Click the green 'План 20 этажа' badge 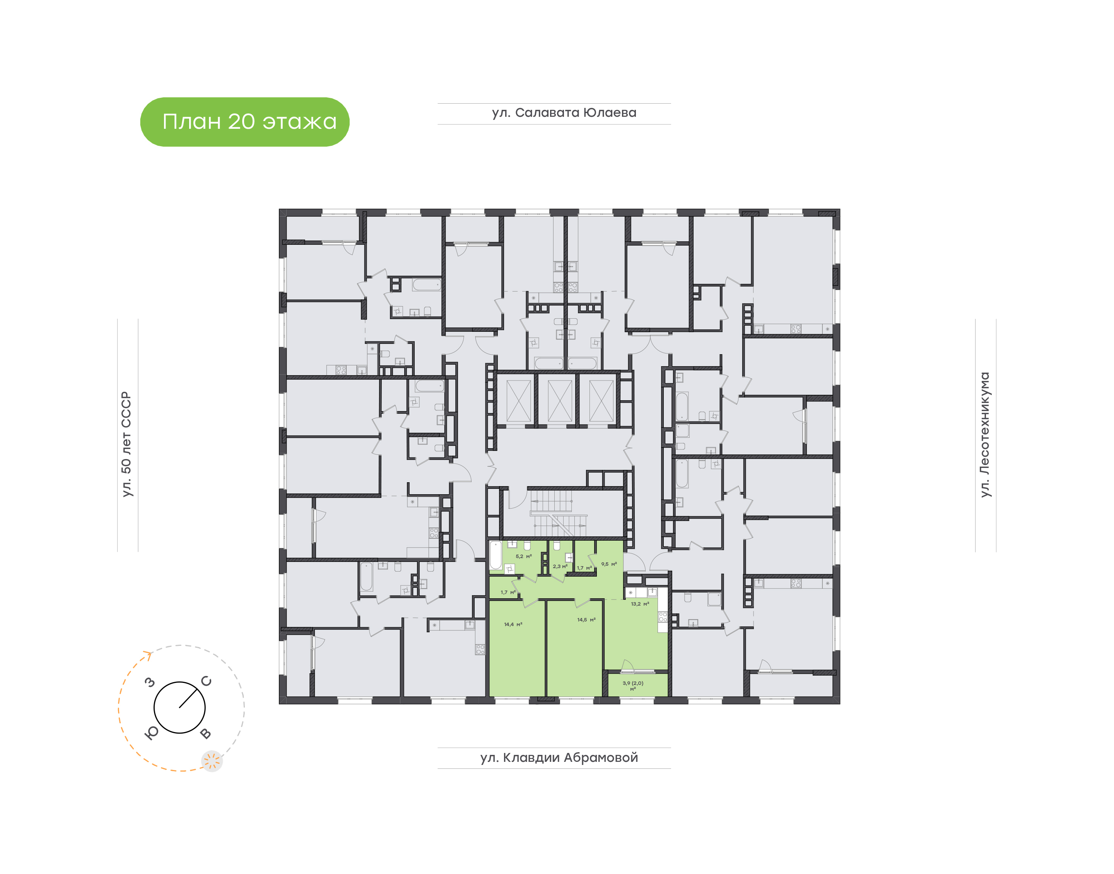click(x=244, y=122)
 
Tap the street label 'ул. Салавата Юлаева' click(x=564, y=113)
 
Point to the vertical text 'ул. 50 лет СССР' click(x=126, y=444)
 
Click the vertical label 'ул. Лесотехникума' click(x=984, y=434)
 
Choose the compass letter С click(x=206, y=681)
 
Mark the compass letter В click(x=205, y=733)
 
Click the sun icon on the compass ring click(x=211, y=761)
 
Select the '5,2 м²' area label click(x=523, y=556)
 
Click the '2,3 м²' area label click(x=560, y=567)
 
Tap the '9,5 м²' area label click(x=609, y=564)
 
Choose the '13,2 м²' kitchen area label click(x=640, y=604)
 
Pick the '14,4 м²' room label click(x=513, y=624)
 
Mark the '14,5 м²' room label click(x=586, y=620)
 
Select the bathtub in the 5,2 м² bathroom click(x=495, y=555)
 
